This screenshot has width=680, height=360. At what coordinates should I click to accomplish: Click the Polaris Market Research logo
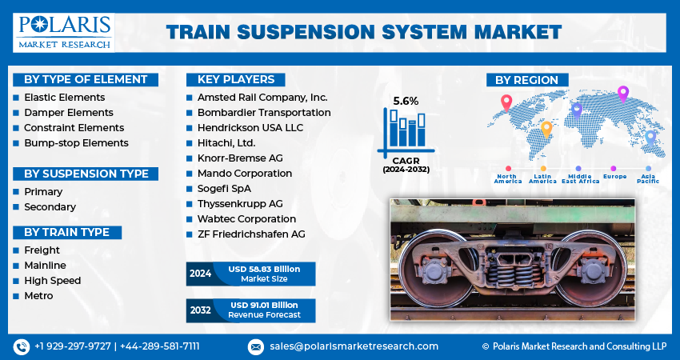pyautogui.click(x=63, y=31)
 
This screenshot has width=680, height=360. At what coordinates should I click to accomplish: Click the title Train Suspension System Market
pyautogui.click(x=364, y=32)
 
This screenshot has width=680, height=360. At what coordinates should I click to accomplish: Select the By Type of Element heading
pyautogui.click(x=86, y=79)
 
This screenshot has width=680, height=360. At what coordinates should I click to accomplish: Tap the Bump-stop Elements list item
pyautogui.click(x=76, y=143)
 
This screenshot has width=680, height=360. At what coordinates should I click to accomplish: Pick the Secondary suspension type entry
pyautogui.click(x=50, y=207)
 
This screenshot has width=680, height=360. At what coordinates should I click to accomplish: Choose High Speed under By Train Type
pyautogui.click(x=52, y=281)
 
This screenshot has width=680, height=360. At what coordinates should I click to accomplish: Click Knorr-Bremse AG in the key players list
pyautogui.click(x=240, y=158)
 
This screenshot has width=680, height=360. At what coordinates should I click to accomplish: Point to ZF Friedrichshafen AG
pyautogui.click(x=251, y=234)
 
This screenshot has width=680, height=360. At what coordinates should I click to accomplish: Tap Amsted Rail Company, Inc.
pyautogui.click(x=262, y=98)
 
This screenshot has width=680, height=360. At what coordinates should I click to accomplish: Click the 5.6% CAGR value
pyautogui.click(x=406, y=101)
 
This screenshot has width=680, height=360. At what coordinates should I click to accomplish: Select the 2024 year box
pyautogui.click(x=200, y=274)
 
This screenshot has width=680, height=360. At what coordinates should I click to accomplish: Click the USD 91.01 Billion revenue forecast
pyautogui.click(x=264, y=306)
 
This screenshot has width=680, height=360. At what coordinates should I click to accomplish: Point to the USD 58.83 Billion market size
pyautogui.click(x=264, y=269)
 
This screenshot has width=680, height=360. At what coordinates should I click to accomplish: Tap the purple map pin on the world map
pyautogui.click(x=623, y=93)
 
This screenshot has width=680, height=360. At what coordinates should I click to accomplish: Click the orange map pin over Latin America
pyautogui.click(x=546, y=128)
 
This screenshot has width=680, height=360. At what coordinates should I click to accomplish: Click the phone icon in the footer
pyautogui.click(x=22, y=346)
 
